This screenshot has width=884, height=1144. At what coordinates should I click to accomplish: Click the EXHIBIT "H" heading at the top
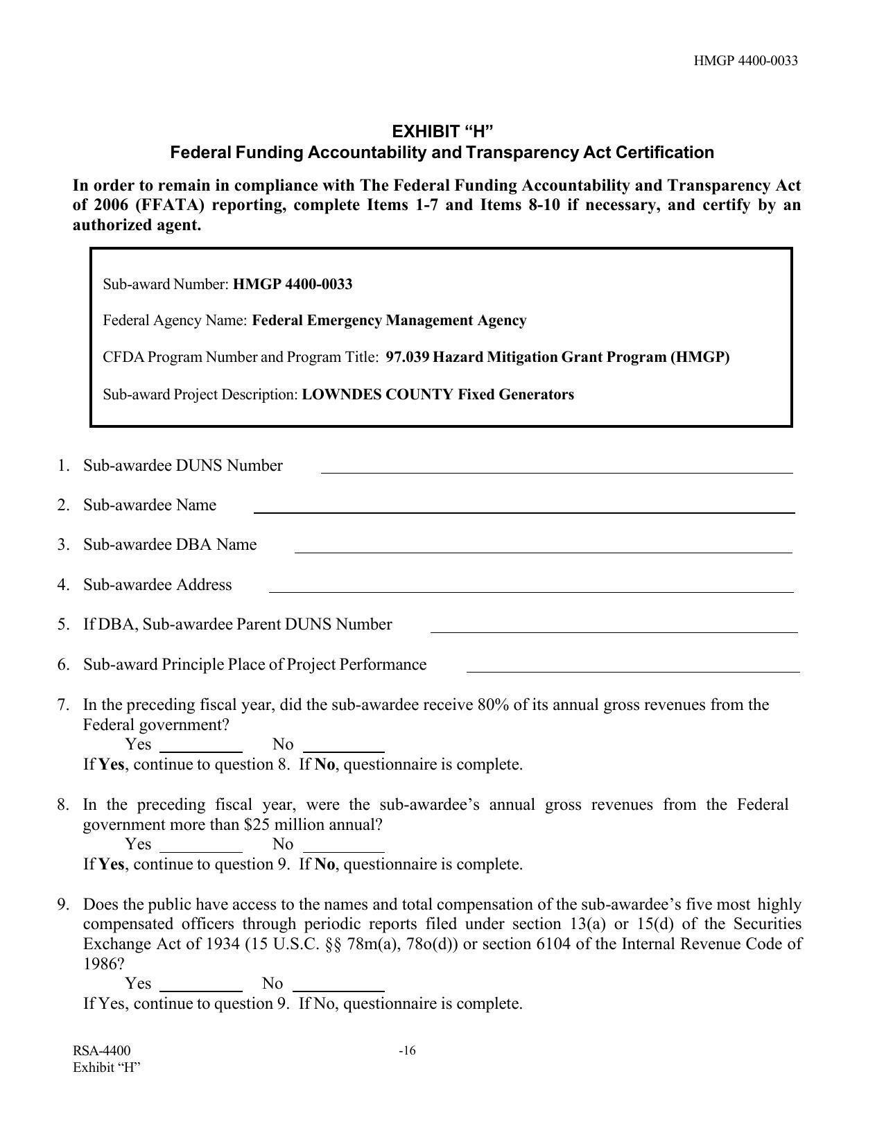442,132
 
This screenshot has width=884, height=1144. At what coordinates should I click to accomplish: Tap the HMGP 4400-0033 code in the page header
745,61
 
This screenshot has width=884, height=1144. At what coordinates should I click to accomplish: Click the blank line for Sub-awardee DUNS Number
556,469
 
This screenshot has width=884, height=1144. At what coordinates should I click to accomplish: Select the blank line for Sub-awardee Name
523,508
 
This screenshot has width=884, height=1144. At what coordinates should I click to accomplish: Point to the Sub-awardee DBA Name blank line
543,548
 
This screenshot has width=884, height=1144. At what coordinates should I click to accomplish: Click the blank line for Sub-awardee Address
530,588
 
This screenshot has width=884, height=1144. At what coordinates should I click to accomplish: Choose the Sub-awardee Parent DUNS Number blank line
614,628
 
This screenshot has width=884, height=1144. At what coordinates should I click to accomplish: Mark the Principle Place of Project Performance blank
632,668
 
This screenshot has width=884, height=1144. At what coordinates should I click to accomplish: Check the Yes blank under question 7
201,747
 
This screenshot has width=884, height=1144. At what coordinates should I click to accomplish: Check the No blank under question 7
344,747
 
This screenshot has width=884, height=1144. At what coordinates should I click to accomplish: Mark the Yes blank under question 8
201,847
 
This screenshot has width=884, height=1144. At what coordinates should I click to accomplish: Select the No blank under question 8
344,847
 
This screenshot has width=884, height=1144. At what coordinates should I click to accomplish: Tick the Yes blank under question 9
201,987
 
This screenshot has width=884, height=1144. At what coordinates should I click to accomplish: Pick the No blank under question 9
338,987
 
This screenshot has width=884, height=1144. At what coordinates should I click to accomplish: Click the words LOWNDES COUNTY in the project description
377,395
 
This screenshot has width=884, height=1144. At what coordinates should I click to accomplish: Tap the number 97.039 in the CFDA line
407,358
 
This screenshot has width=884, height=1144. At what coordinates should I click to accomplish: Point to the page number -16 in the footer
407,1051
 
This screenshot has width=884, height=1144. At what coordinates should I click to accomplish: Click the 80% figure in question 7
492,705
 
